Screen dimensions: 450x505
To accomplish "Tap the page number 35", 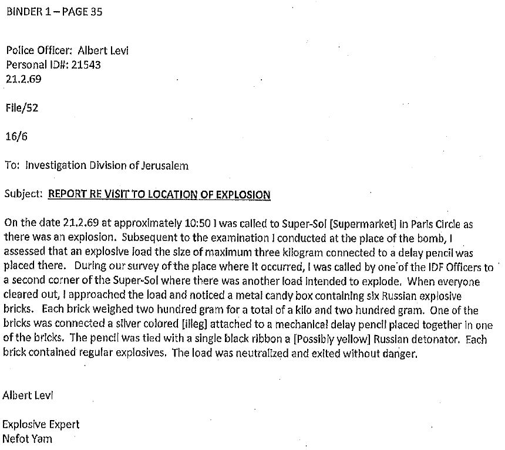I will coord(96,11).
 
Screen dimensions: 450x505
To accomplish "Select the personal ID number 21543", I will coord(86,65).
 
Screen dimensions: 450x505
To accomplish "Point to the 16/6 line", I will coord(16,136).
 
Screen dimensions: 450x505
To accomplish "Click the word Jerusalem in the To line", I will coord(165,165).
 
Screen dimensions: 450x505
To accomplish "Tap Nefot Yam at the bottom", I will coord(27,438).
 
